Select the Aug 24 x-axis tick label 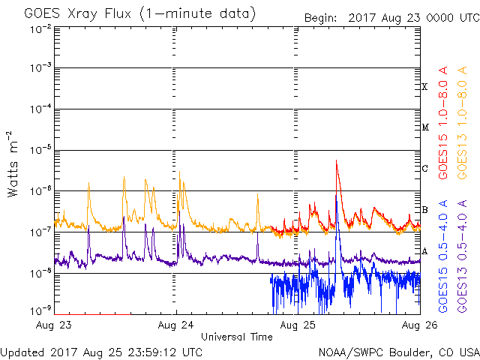(176, 326)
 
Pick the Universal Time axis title (237, 337)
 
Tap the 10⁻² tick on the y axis (42, 28)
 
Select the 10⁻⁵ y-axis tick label (42, 150)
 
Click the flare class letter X (424, 87)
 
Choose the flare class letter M (424, 127)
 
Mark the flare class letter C (424, 168)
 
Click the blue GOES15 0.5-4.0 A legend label (443, 256)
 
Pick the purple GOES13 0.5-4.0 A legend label (464, 256)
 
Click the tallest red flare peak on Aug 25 (337, 160)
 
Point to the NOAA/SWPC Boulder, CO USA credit (397, 352)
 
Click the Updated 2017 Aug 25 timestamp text (101, 352)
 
